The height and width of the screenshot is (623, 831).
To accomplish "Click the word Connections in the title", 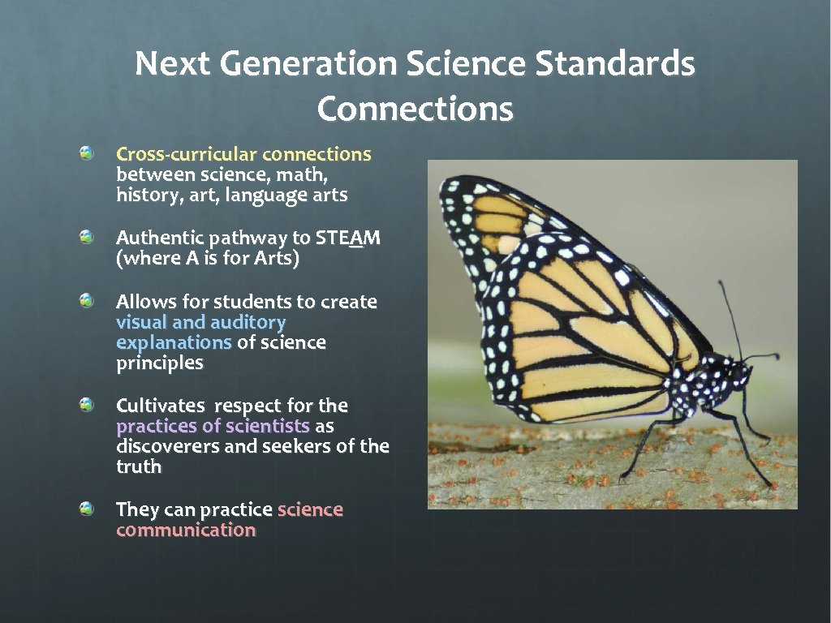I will [415, 109].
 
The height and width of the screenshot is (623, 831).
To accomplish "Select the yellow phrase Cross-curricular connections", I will [243, 154].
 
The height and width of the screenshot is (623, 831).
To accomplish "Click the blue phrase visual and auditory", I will [200, 322].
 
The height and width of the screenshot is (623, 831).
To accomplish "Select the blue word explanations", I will [174, 342].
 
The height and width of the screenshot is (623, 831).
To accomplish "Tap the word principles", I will [159, 363].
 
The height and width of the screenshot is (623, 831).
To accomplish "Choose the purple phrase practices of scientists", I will [213, 426].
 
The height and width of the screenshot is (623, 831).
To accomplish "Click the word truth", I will [139, 466].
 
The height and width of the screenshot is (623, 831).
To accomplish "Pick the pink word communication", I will [186, 531].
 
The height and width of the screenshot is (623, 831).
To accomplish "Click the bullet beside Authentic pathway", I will [87, 237].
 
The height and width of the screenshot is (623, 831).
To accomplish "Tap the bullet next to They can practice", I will [87, 509].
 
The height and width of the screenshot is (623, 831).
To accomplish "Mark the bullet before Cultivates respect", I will [87, 405].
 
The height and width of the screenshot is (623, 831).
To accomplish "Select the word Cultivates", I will [162, 406].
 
